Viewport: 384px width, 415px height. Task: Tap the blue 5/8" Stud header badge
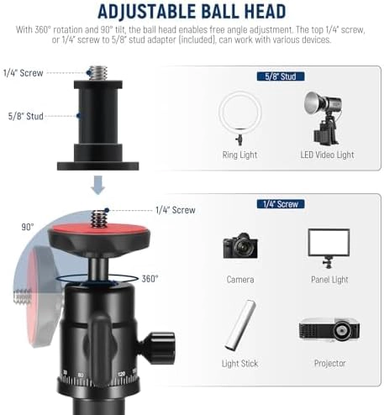click(x=281, y=76)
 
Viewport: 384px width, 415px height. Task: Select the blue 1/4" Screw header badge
click(x=281, y=204)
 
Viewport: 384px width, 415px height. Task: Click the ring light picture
click(x=240, y=118)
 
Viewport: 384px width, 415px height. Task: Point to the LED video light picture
click(x=324, y=118)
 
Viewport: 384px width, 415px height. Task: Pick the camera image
click(x=240, y=245)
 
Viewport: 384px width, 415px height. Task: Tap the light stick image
click(x=240, y=325)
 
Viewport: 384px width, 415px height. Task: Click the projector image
click(x=329, y=329)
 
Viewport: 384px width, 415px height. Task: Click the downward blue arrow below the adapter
click(x=97, y=185)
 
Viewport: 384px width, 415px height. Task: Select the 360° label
click(x=150, y=279)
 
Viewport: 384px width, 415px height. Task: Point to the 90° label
click(x=28, y=227)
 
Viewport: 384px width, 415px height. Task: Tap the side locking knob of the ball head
click(x=158, y=348)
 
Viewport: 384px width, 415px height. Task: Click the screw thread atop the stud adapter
click(x=98, y=73)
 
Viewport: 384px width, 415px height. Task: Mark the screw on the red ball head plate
click(x=98, y=218)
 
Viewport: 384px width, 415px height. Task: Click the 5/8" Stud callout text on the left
click(x=25, y=116)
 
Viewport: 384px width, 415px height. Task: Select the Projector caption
click(x=330, y=364)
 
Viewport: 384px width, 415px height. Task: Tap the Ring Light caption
click(x=239, y=155)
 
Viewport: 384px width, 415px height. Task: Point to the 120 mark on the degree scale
click(x=122, y=374)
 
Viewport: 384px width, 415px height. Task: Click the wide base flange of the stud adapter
click(x=98, y=166)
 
